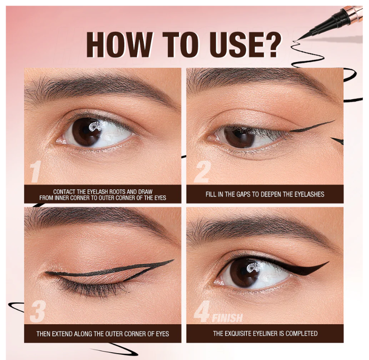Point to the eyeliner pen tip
click(x=298, y=39)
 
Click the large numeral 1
click(x=36, y=172)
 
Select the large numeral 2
click(x=202, y=172)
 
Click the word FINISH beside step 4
click(x=227, y=318)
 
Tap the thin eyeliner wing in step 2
click(x=312, y=126)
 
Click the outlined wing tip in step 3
click(x=173, y=260)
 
